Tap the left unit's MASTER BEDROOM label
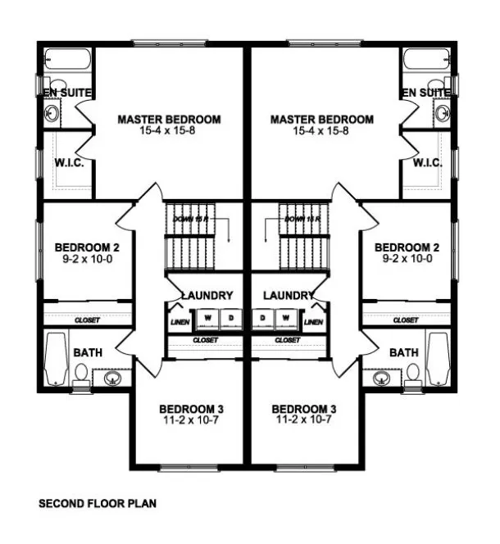coord(169,120)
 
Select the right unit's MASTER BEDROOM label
coord(321,120)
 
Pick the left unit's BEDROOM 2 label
coord(87,247)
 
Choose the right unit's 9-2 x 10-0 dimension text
coord(407,258)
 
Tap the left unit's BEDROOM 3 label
coord(191,408)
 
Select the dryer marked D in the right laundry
coord(263,316)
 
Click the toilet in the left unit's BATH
coord(80,374)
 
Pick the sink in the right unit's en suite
coord(443,112)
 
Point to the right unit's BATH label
coord(403,352)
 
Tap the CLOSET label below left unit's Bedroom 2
coord(86,320)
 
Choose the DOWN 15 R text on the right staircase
coord(301,220)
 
